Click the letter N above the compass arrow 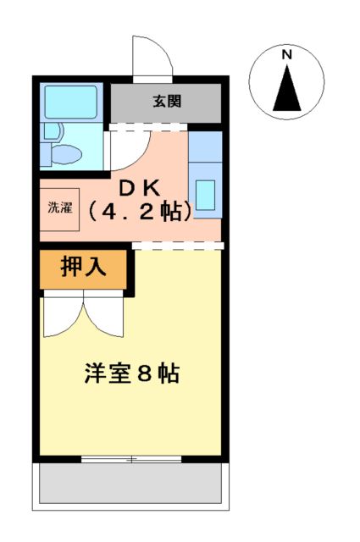pos(287,55)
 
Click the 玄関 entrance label pos(166,102)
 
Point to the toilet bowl pos(66,154)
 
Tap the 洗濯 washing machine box pos(60,207)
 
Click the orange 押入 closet pos(83,268)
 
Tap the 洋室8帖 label pos(131,373)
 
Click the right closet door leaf pos(104,315)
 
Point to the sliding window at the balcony pos(131,460)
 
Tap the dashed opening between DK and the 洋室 pos(178,246)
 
